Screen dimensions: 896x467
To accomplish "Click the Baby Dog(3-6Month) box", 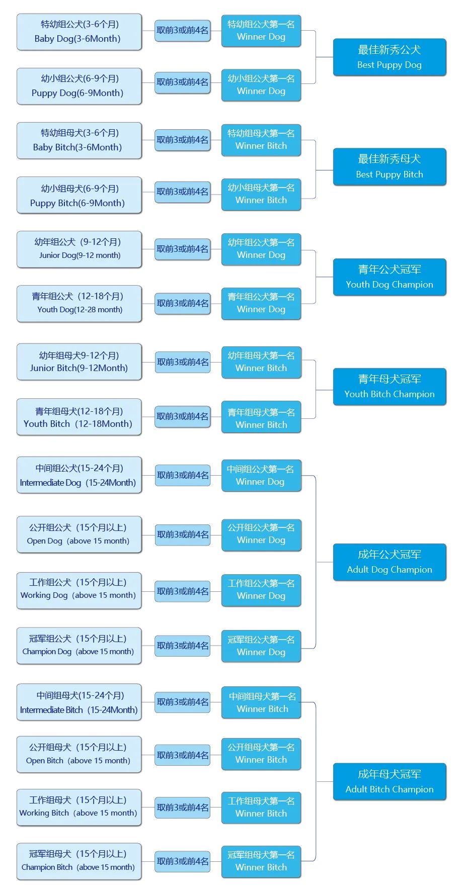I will [79, 32].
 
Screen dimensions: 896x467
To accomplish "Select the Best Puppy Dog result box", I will [390, 57].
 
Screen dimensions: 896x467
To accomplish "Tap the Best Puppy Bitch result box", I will [390, 167].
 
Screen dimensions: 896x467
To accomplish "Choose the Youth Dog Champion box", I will [390, 277].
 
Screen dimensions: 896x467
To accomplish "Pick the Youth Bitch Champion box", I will [390, 387].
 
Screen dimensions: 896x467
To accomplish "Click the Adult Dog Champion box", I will [390, 562].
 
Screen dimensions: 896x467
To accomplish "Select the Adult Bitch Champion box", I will [390, 782].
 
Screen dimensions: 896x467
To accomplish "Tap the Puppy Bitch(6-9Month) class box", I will [79, 195].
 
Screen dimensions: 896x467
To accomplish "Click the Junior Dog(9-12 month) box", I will [79, 249].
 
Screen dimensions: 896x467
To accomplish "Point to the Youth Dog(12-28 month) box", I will [79, 303].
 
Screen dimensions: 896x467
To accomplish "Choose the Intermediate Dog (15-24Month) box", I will [79, 475].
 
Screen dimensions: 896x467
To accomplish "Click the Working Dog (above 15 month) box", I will [79, 590].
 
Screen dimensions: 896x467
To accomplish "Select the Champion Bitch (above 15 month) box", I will [79, 861].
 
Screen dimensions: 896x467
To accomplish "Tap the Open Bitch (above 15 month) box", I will [79, 754].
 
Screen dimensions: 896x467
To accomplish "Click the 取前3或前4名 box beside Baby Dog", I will [182, 30].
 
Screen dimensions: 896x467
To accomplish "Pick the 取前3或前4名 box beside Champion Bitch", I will [182, 861].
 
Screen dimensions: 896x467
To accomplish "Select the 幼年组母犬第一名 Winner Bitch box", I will [261, 362].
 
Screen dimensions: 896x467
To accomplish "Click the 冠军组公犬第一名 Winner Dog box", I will [261, 646].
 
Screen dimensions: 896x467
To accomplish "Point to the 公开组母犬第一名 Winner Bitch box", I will [261, 754].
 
